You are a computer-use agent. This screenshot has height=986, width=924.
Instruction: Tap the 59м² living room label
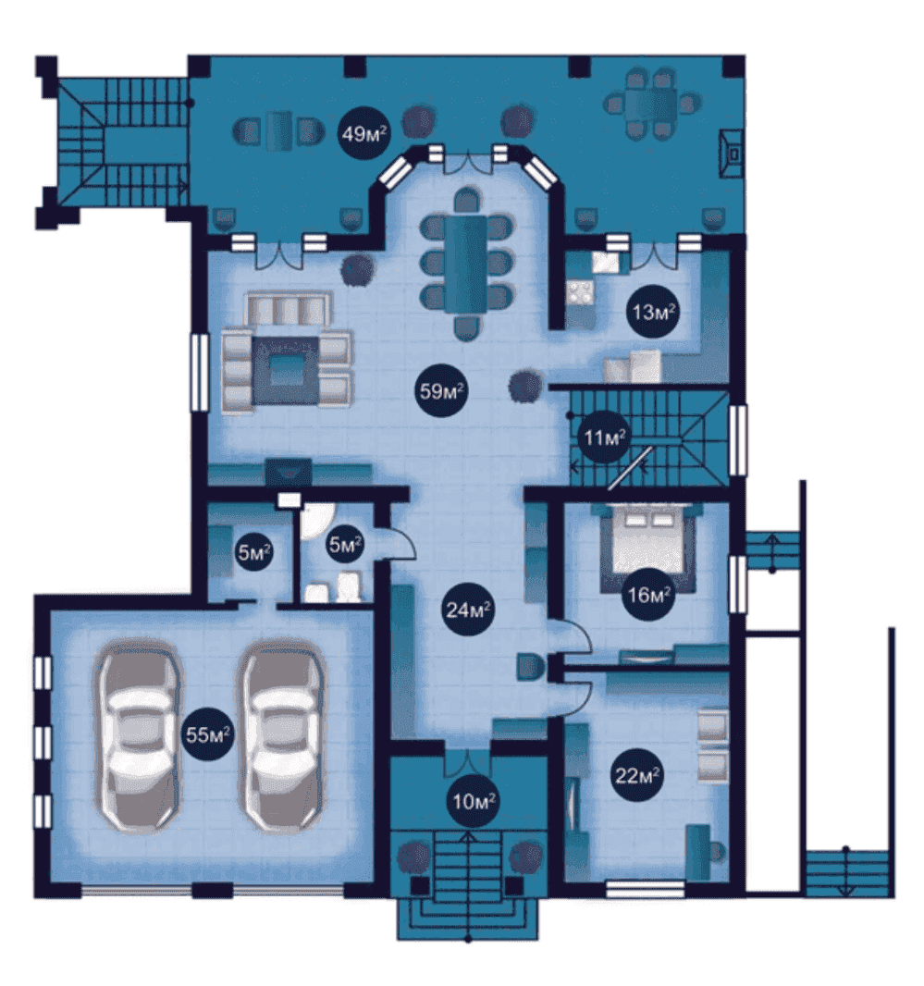(441, 391)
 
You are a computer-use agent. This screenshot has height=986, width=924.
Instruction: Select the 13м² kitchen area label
(654, 312)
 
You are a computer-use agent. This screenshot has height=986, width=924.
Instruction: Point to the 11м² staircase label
(605, 437)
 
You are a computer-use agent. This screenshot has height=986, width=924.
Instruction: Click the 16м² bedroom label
(648, 594)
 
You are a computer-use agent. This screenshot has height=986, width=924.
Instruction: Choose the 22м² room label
(637, 775)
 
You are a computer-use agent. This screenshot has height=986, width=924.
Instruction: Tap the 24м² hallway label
(468, 610)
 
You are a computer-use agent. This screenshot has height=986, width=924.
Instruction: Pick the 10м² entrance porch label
(474, 800)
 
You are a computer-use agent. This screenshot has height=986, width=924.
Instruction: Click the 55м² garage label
(208, 733)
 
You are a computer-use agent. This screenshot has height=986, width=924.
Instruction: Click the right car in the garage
(282, 735)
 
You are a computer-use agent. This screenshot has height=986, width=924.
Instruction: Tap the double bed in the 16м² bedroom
(648, 546)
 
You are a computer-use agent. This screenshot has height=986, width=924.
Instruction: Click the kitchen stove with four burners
(580, 291)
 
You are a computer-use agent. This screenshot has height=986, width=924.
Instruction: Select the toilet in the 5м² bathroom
(349, 586)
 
